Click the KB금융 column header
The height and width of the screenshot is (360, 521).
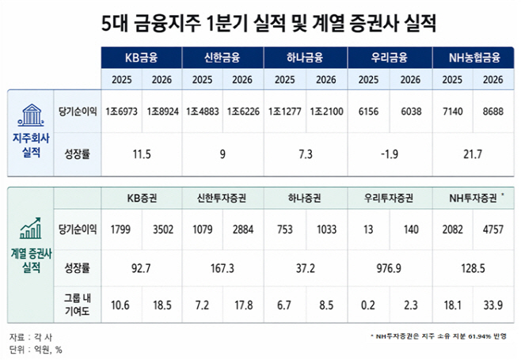tap(142, 59)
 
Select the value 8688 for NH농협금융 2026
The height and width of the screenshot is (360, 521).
tap(492, 112)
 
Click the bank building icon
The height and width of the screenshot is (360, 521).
tap(32, 116)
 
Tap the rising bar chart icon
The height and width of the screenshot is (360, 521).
tap(32, 229)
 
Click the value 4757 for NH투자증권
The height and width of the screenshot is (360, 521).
tap(492, 230)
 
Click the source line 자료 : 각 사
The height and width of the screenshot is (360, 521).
tap(30, 336)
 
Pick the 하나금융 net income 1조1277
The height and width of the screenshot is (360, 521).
tap(286, 112)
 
